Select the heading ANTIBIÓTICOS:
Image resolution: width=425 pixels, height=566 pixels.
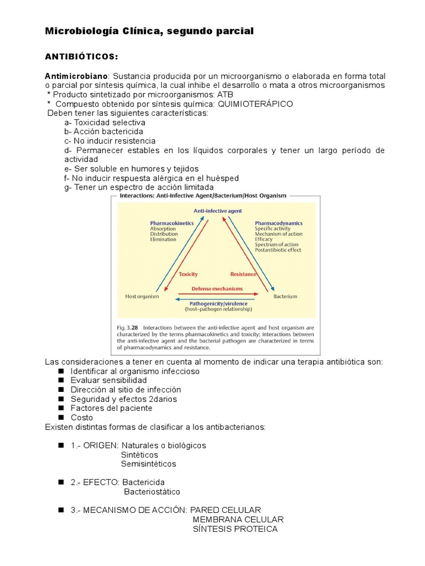[x=81, y=57]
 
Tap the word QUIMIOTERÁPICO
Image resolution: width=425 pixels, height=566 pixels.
[x=256, y=104]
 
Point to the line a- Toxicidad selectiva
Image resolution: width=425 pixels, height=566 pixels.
[x=105, y=122]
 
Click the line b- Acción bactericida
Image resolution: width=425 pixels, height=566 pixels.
[x=103, y=132]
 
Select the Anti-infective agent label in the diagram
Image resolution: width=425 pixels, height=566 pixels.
[x=217, y=211]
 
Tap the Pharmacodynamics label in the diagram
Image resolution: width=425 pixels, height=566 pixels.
[x=278, y=223]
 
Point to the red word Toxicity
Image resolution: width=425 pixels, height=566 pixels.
[x=188, y=274]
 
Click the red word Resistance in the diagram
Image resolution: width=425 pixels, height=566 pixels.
[x=243, y=274]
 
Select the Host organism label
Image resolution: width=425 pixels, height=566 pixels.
[x=142, y=296]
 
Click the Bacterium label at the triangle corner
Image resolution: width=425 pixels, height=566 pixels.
[x=285, y=296]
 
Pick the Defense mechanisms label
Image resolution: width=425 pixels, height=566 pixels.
[x=217, y=289]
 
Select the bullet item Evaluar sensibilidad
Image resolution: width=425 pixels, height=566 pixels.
[x=108, y=380]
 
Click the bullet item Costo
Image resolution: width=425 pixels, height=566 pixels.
[x=82, y=417]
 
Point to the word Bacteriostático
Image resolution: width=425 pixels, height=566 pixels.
[x=152, y=491]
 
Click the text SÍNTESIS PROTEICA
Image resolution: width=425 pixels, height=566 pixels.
[x=235, y=529]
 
